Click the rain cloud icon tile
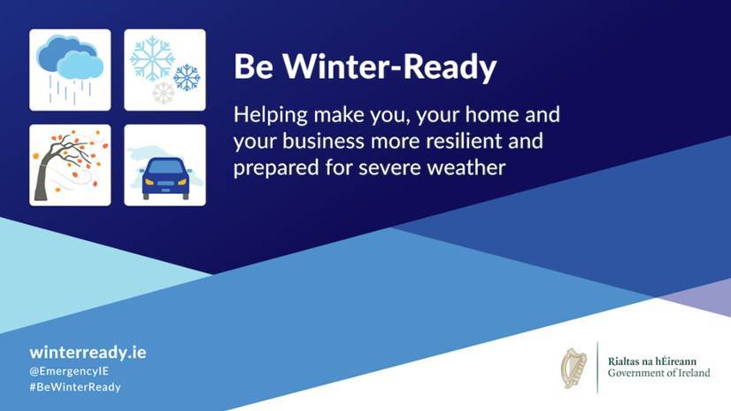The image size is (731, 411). pyautogui.click(x=70, y=70)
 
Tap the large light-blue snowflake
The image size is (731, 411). pyautogui.click(x=152, y=58)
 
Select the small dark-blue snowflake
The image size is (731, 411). pyautogui.click(x=187, y=77)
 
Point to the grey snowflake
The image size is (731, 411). pyautogui.click(x=163, y=93)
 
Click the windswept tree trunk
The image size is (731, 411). pyautogui.click(x=43, y=176)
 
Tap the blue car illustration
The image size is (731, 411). pyautogui.click(x=165, y=178)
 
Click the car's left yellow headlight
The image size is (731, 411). pyautogui.click(x=150, y=182)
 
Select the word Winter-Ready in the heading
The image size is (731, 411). pyautogui.click(x=389, y=67)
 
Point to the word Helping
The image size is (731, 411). pyautogui.click(x=271, y=116)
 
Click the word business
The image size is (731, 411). pyautogui.click(x=323, y=141)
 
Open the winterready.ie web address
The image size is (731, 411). pyautogui.click(x=88, y=353)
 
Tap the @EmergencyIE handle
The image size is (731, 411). pyautogui.click(x=69, y=371)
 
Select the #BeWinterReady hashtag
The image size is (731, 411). pyautogui.click(x=75, y=387)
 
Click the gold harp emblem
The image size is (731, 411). pyautogui.click(x=573, y=368)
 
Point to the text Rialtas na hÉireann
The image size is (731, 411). pyautogui.click(x=651, y=361)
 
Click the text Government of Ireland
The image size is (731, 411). pyautogui.click(x=658, y=373)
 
